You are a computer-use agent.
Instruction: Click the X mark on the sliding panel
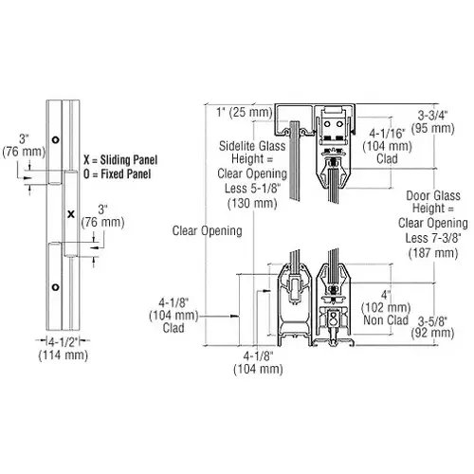pyautogui.click(x=71, y=214)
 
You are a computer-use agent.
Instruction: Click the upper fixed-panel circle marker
pyautogui.click(x=55, y=139)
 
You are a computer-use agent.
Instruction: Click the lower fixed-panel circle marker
pyautogui.click(x=55, y=287)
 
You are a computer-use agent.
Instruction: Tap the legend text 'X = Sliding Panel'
pyautogui.click(x=120, y=160)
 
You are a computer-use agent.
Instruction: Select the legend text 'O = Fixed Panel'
pyautogui.click(x=117, y=174)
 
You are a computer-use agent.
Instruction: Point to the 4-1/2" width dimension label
pyautogui.click(x=63, y=341)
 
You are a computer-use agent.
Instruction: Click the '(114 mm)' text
pyautogui.click(x=63, y=355)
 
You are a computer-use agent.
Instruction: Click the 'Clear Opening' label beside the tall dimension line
pyautogui.click(x=208, y=230)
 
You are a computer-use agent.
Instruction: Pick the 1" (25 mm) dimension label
pyautogui.click(x=245, y=112)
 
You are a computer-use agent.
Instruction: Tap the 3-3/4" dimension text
pyautogui.click(x=433, y=116)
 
